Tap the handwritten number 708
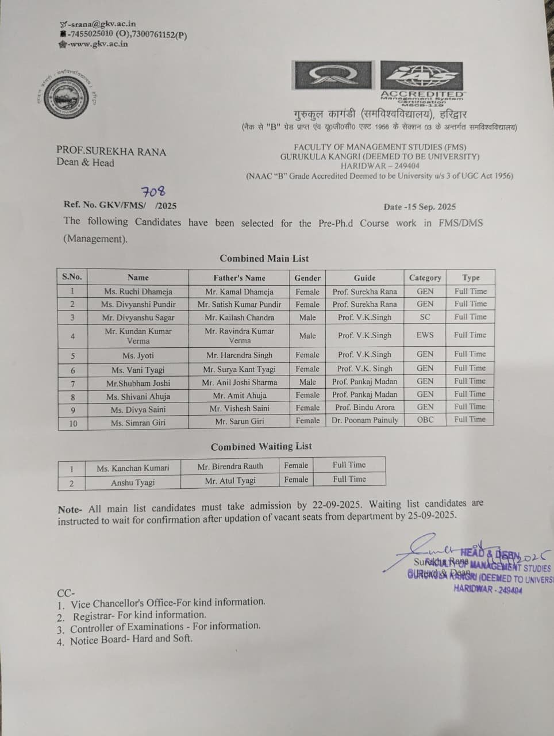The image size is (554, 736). (153, 192)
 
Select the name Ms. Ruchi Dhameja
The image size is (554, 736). (138, 292)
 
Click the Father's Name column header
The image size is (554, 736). (240, 278)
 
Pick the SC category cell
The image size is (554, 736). (425, 317)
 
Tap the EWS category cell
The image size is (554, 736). (425, 335)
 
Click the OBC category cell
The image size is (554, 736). (425, 420)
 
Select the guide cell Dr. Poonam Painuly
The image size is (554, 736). (365, 420)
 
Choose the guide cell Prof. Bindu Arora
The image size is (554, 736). (365, 407)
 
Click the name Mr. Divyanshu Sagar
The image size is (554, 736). (138, 317)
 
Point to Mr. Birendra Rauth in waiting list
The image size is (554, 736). (230, 466)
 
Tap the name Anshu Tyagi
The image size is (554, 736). (133, 482)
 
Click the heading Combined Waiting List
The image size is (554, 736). (261, 446)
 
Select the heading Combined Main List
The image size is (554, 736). (264, 259)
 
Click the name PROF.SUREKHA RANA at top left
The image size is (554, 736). (111, 152)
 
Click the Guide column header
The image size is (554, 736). (365, 278)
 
